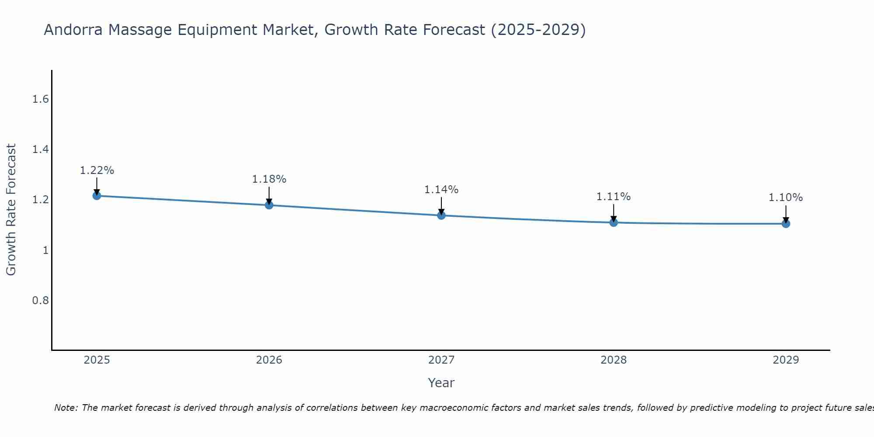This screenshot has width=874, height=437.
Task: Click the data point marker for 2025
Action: [x=97, y=195]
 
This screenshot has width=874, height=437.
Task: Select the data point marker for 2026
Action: [x=269, y=205]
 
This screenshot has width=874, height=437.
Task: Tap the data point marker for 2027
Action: [x=441, y=215]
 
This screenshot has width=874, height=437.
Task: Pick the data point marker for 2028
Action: [x=614, y=222]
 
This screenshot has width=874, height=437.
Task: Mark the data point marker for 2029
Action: [x=786, y=224]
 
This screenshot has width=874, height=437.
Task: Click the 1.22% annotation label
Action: [x=97, y=170]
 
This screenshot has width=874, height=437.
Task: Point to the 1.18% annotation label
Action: [x=269, y=179]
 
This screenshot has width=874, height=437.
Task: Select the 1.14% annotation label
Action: [x=441, y=190]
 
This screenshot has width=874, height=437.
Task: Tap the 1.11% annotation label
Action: [x=614, y=197]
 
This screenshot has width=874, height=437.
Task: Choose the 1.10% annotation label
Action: [x=786, y=198]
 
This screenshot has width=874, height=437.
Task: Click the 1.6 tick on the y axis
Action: [x=40, y=100]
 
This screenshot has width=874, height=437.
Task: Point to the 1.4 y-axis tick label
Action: [x=40, y=150]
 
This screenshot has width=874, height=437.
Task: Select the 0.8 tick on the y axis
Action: [x=40, y=301]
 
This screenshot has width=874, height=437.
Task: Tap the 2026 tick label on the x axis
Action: [x=269, y=360]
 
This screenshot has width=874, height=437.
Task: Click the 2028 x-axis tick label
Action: [x=614, y=360]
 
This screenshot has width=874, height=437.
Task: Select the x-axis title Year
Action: [x=441, y=383]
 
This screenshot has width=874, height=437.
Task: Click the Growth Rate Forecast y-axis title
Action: [x=11, y=210]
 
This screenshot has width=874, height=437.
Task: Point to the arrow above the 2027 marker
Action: [x=441, y=205]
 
